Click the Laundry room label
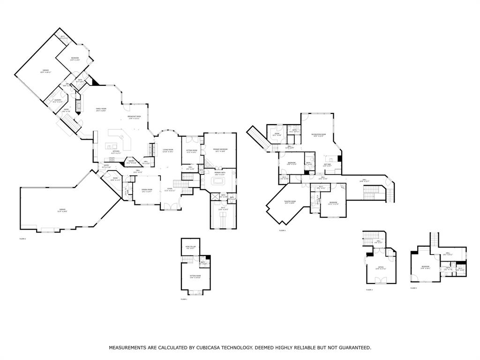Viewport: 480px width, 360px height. pyautogui.click(x=58, y=101)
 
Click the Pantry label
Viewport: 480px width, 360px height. pyautogui.click(x=132, y=162)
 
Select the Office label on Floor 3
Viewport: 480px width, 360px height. pyautogui.click(x=381, y=268)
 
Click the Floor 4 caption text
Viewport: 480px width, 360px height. pyautogui.click(x=282, y=231)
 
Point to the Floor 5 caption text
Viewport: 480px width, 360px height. pyautogui.click(x=413, y=288)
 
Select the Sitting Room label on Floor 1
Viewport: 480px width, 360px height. pyautogui.click(x=195, y=277)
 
